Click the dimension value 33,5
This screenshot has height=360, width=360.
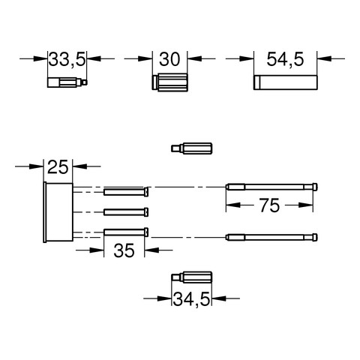pyautogui.click(x=67, y=60)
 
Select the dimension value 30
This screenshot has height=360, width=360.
pyautogui.click(x=169, y=59)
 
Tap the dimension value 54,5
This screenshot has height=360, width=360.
pyautogui.click(x=285, y=60)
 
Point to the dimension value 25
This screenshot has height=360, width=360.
pyautogui.click(x=58, y=167)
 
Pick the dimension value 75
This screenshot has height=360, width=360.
pyautogui.click(x=269, y=205)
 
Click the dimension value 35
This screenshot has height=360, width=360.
pyautogui.click(x=124, y=250)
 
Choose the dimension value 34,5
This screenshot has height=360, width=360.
pyautogui.click(x=191, y=299)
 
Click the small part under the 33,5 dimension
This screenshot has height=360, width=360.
pyautogui.click(x=67, y=82)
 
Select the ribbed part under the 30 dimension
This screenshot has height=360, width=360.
pyautogui.click(x=169, y=82)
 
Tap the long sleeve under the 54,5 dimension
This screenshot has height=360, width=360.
pyautogui.click(x=286, y=82)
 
